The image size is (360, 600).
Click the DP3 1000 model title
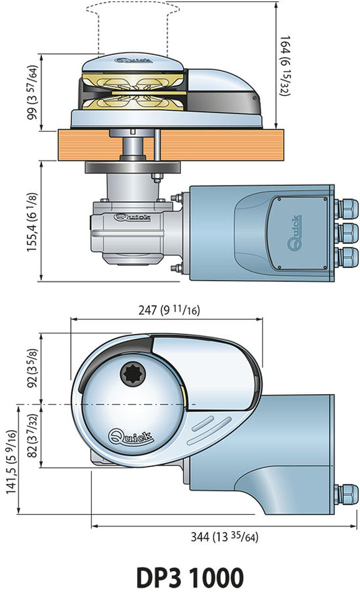190,578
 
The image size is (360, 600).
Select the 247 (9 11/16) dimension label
169,310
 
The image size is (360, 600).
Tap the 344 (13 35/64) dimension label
224,537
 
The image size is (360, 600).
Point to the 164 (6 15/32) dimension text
285,66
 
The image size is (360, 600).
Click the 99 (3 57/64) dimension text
33,92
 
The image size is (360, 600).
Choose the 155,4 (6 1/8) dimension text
32,222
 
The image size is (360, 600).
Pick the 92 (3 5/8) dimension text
33,368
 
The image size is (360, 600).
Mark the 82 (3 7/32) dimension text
33,435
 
